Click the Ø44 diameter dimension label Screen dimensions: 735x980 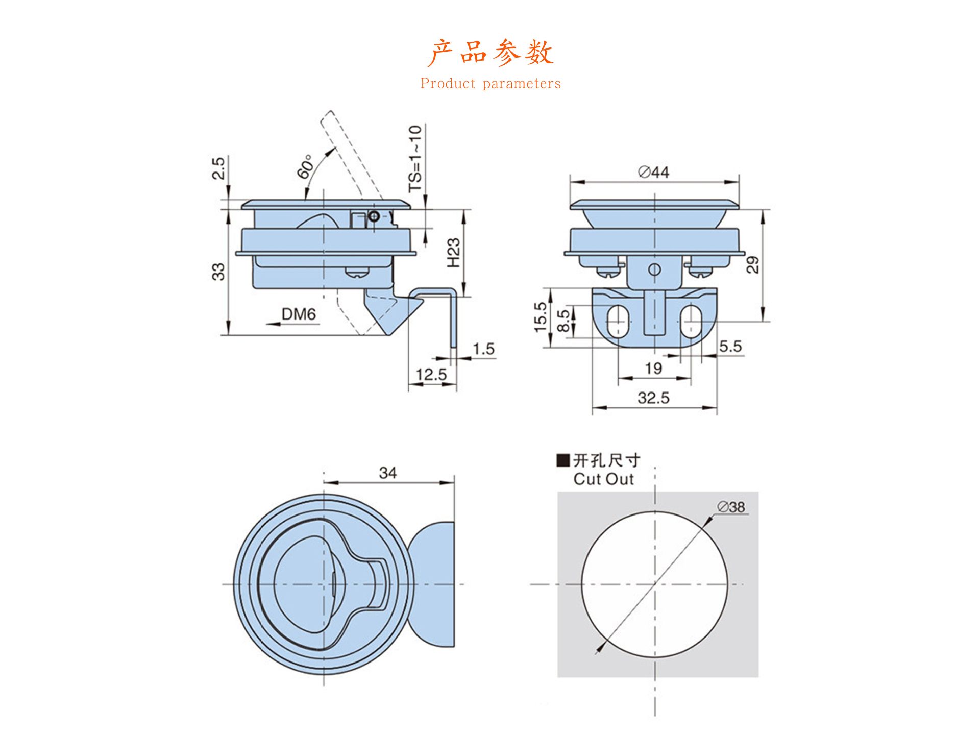pyautogui.click(x=654, y=172)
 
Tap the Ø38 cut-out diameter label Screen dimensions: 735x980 pyautogui.click(x=731, y=507)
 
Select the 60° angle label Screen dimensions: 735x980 pyautogui.click(x=305, y=166)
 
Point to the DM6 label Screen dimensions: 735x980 pyautogui.click(x=299, y=314)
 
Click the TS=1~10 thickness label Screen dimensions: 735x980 pyautogui.click(x=415, y=159)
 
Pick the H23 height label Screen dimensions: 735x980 pyautogui.click(x=453, y=253)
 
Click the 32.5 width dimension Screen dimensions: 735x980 pyautogui.click(x=653, y=398)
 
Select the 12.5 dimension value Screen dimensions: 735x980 pyautogui.click(x=431, y=374)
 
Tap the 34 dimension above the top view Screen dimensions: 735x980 pyautogui.click(x=388, y=473)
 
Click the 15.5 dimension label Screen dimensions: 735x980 pyautogui.click(x=540, y=317)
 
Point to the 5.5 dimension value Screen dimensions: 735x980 pyautogui.click(x=730, y=346)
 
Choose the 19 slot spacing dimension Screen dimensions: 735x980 pyautogui.click(x=653, y=368)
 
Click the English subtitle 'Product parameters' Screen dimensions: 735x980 pyautogui.click(x=491, y=84)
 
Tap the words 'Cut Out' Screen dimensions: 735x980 pyautogui.click(x=603, y=479)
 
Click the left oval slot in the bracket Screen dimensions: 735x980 pyautogui.click(x=618, y=321)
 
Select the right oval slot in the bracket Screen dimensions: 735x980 pyautogui.click(x=691, y=321)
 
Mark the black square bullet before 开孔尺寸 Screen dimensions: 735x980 pyautogui.click(x=563, y=460)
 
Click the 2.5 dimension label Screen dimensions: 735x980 pyautogui.click(x=218, y=168)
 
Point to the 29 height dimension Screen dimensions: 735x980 pyautogui.click(x=752, y=265)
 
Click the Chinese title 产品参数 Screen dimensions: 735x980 pyautogui.click(x=491, y=53)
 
